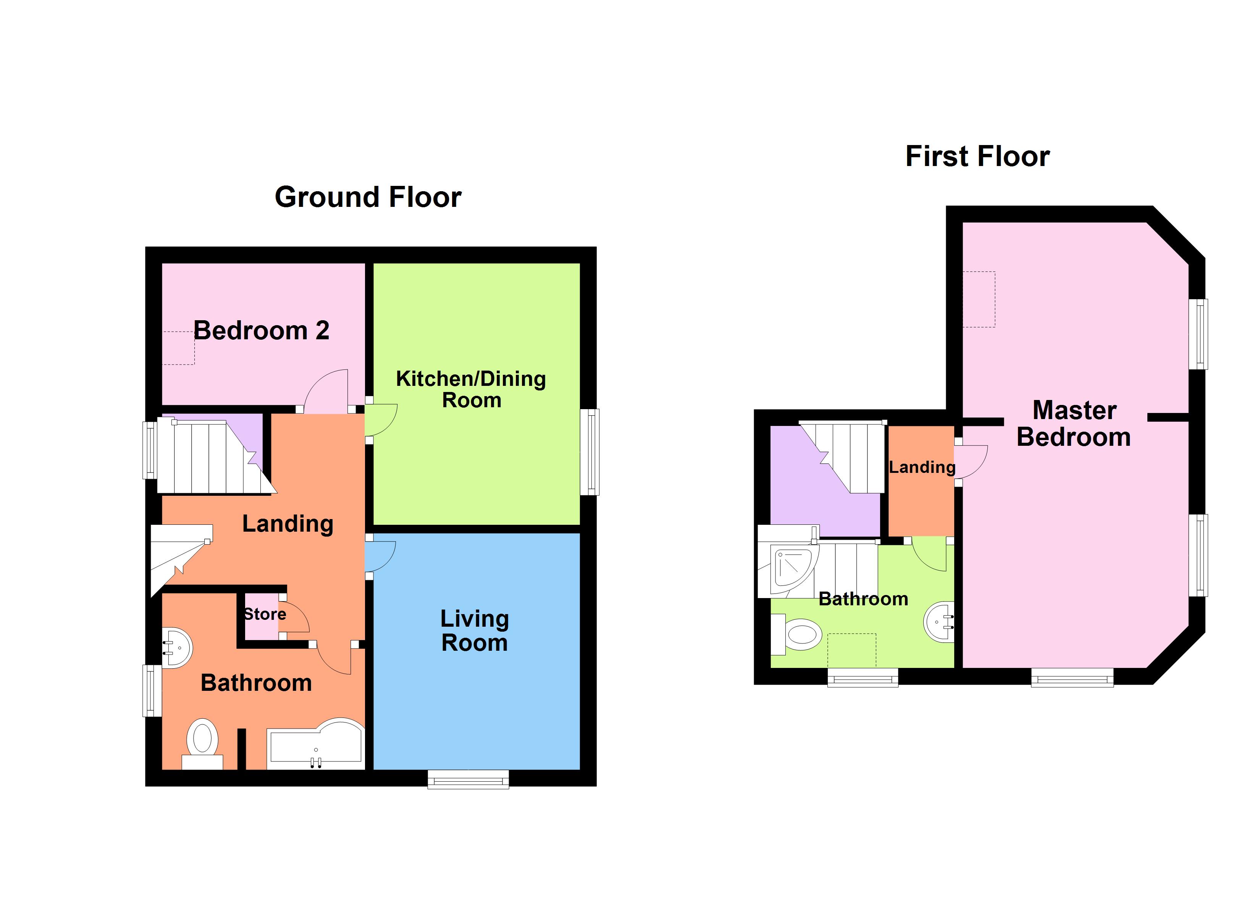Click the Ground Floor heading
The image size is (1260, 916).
pos(368,197)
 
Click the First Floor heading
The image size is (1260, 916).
pos(977,156)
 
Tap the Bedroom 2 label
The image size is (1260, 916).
pos(261,331)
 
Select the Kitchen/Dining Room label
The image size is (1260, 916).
pos(470,389)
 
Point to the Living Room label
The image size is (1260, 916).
pos(475,631)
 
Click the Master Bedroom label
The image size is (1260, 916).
pos(1074,423)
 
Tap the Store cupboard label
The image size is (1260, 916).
pos(265,614)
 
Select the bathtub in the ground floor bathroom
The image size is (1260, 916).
pos(315,744)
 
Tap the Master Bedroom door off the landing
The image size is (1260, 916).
pos(973,461)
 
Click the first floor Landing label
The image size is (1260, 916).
pos(922,467)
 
